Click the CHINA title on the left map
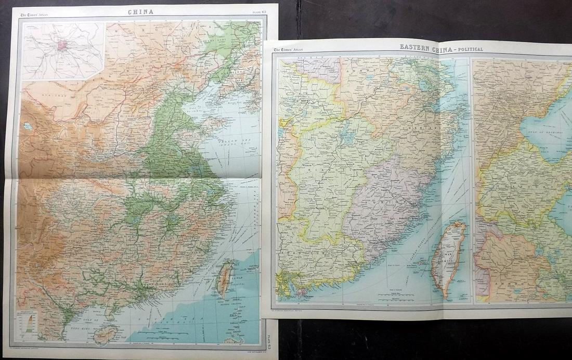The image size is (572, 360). coord(137,11)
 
